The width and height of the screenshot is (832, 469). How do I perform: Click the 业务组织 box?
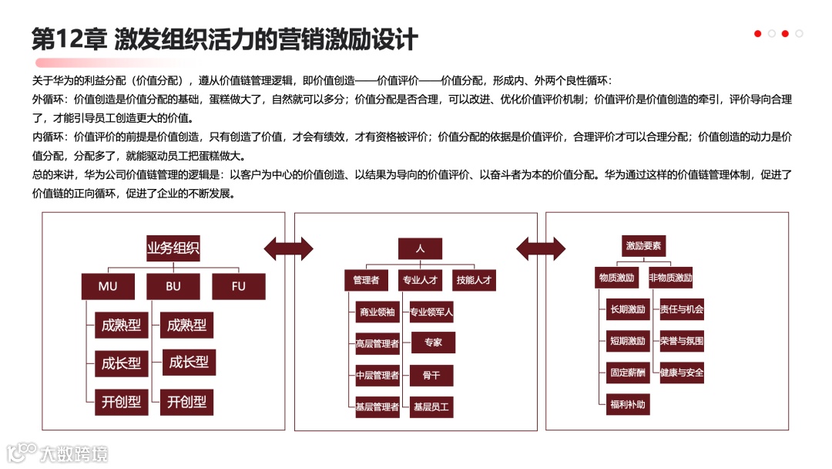(x=173, y=248)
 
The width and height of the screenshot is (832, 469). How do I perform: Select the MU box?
(x=108, y=286)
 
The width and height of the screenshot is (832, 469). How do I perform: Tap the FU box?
(x=239, y=286)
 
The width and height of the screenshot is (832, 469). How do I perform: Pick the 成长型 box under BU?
(x=188, y=362)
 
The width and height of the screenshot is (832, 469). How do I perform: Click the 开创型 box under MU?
(x=121, y=401)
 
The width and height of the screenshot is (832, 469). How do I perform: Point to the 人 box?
(x=420, y=248)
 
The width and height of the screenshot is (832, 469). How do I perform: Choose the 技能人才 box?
(x=473, y=280)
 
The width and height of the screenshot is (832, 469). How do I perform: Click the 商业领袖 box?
(x=377, y=312)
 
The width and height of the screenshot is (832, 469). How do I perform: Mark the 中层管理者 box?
(x=377, y=376)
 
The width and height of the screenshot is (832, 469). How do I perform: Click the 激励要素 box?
(x=643, y=246)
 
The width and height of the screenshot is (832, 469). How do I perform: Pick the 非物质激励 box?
(x=670, y=278)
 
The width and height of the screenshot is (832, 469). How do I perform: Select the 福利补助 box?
(x=627, y=403)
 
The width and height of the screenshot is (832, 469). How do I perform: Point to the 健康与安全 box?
(x=682, y=373)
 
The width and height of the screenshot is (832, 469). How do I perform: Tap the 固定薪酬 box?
(x=627, y=373)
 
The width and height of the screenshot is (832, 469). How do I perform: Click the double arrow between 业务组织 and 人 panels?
(x=288, y=248)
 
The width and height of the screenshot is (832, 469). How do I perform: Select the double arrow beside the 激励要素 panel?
(x=541, y=248)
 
